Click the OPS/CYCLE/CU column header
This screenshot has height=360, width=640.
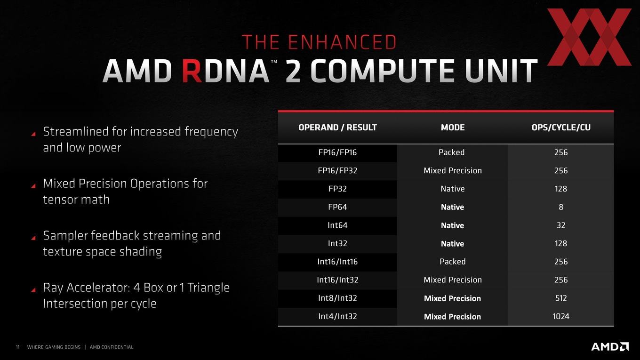561,128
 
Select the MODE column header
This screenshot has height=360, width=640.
453,128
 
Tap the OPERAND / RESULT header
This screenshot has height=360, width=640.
337,128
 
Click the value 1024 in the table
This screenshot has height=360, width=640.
561,316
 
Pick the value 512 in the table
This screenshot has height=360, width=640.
561,298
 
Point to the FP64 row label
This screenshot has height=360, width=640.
337,207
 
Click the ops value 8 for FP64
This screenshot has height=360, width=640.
561,207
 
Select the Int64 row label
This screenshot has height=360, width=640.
337,225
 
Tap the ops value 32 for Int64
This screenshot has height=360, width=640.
561,225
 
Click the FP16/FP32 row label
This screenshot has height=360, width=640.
337,170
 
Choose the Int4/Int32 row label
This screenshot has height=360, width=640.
337,316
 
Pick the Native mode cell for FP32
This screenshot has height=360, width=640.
453,189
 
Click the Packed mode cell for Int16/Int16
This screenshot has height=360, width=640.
453,262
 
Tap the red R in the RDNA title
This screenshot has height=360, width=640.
192,71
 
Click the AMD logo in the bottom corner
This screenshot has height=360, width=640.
610,346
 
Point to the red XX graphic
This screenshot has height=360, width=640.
589,37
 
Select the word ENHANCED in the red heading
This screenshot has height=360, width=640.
342,42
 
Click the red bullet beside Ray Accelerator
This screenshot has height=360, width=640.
33,290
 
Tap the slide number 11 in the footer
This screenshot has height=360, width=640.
18,347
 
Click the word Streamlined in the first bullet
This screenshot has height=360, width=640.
75,132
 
